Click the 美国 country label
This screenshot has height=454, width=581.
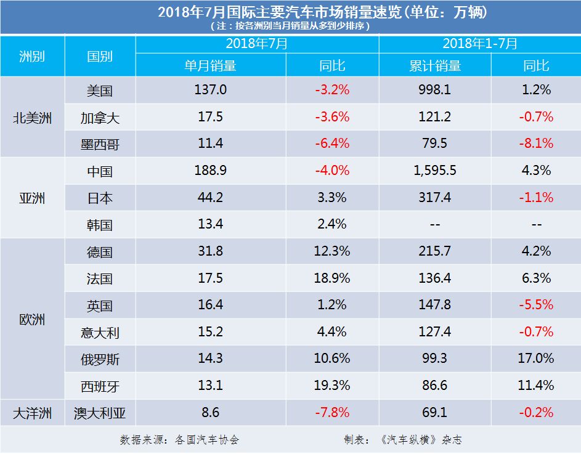pyautogui.click(x=100, y=91)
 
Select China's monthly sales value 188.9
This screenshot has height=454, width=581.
pyautogui.click(x=211, y=171)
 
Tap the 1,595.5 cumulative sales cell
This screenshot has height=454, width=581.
pyautogui.click(x=434, y=171)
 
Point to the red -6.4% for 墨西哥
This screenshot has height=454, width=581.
pyautogui.click(x=332, y=144)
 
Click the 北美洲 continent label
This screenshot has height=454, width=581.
pyautogui.click(x=32, y=118)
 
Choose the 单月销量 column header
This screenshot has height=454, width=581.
pyautogui.click(x=211, y=66)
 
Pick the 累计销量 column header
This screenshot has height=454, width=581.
pyautogui.click(x=434, y=66)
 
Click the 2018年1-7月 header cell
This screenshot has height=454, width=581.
pyautogui.click(x=479, y=44)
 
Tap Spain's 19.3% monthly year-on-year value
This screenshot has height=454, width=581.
pyautogui.click(x=332, y=385)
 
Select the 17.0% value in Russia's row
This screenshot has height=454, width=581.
pyautogui.click(x=535, y=358)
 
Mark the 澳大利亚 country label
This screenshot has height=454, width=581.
pyautogui.click(x=100, y=413)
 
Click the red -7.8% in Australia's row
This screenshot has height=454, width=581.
pyautogui.click(x=332, y=412)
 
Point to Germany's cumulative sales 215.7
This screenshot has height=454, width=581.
pyautogui.click(x=434, y=251)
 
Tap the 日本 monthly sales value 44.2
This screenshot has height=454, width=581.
pyautogui.click(x=211, y=198)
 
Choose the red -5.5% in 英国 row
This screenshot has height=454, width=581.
pyautogui.click(x=535, y=305)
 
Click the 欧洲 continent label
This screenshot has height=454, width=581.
pyautogui.click(x=32, y=320)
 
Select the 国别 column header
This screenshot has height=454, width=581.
pyautogui.click(x=100, y=56)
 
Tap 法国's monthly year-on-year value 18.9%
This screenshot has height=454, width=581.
pyautogui.click(x=332, y=278)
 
